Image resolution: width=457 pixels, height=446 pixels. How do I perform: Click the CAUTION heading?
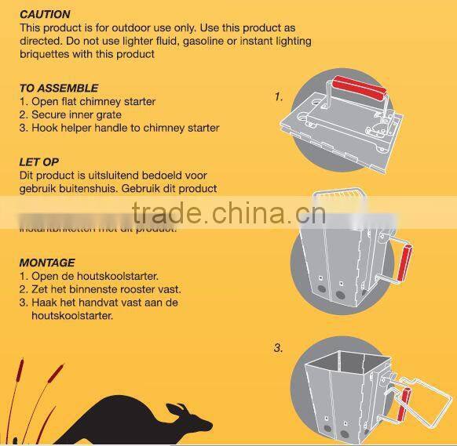point(45,14)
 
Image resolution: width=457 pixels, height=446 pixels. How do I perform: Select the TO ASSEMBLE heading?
point(59,89)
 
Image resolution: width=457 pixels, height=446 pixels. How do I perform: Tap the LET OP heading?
point(39,162)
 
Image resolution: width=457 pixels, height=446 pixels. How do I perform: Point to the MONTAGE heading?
point(47,263)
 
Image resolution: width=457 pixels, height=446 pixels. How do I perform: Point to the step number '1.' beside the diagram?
point(279,97)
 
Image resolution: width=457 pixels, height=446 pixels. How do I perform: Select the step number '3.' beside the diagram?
point(279,348)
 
